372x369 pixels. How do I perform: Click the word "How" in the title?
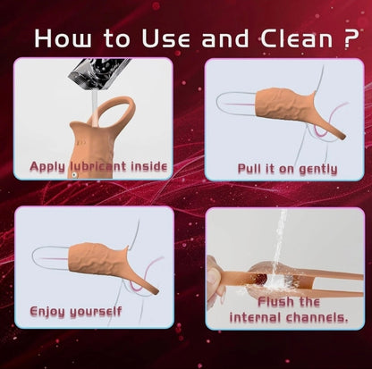click(63, 38)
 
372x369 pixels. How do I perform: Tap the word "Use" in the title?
click(165, 38)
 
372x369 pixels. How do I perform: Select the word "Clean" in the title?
click(297, 38)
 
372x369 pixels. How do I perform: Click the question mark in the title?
click(351, 38)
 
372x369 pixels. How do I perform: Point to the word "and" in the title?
click(225, 38)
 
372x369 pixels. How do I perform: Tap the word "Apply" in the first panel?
click(47, 167)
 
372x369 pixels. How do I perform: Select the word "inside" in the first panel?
click(149, 166)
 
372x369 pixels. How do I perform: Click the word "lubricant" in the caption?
click(98, 166)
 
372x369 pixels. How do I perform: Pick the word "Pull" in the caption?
click(249, 169)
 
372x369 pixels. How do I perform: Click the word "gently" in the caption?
click(318, 170)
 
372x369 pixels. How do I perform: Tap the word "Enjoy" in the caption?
click(47, 312)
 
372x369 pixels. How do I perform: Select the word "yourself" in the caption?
click(96, 312)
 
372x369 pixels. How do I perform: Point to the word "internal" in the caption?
click(255, 317)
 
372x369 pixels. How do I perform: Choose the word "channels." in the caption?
click(317, 317)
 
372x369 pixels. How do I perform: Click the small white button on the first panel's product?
click(73, 175)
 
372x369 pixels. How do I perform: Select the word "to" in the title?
click(117, 38)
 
